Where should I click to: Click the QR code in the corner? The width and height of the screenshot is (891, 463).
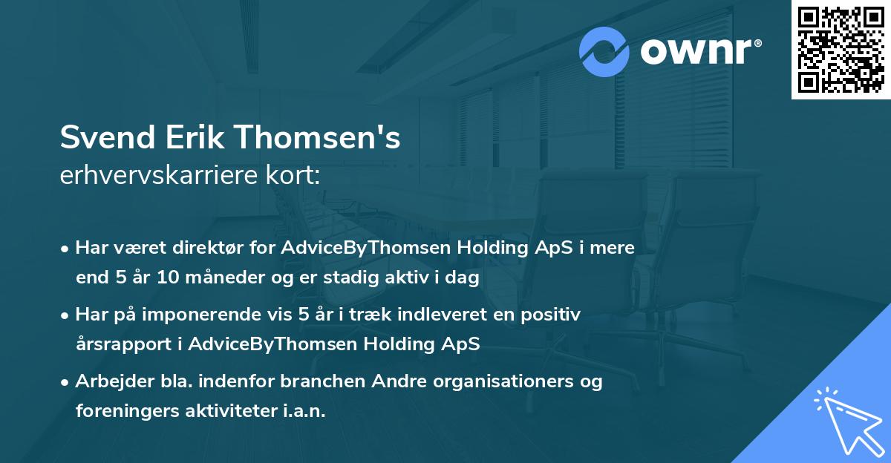click(841, 50)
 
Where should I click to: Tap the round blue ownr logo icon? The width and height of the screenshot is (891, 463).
click(604, 52)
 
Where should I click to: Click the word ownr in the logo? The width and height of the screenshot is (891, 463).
click(693, 52)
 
